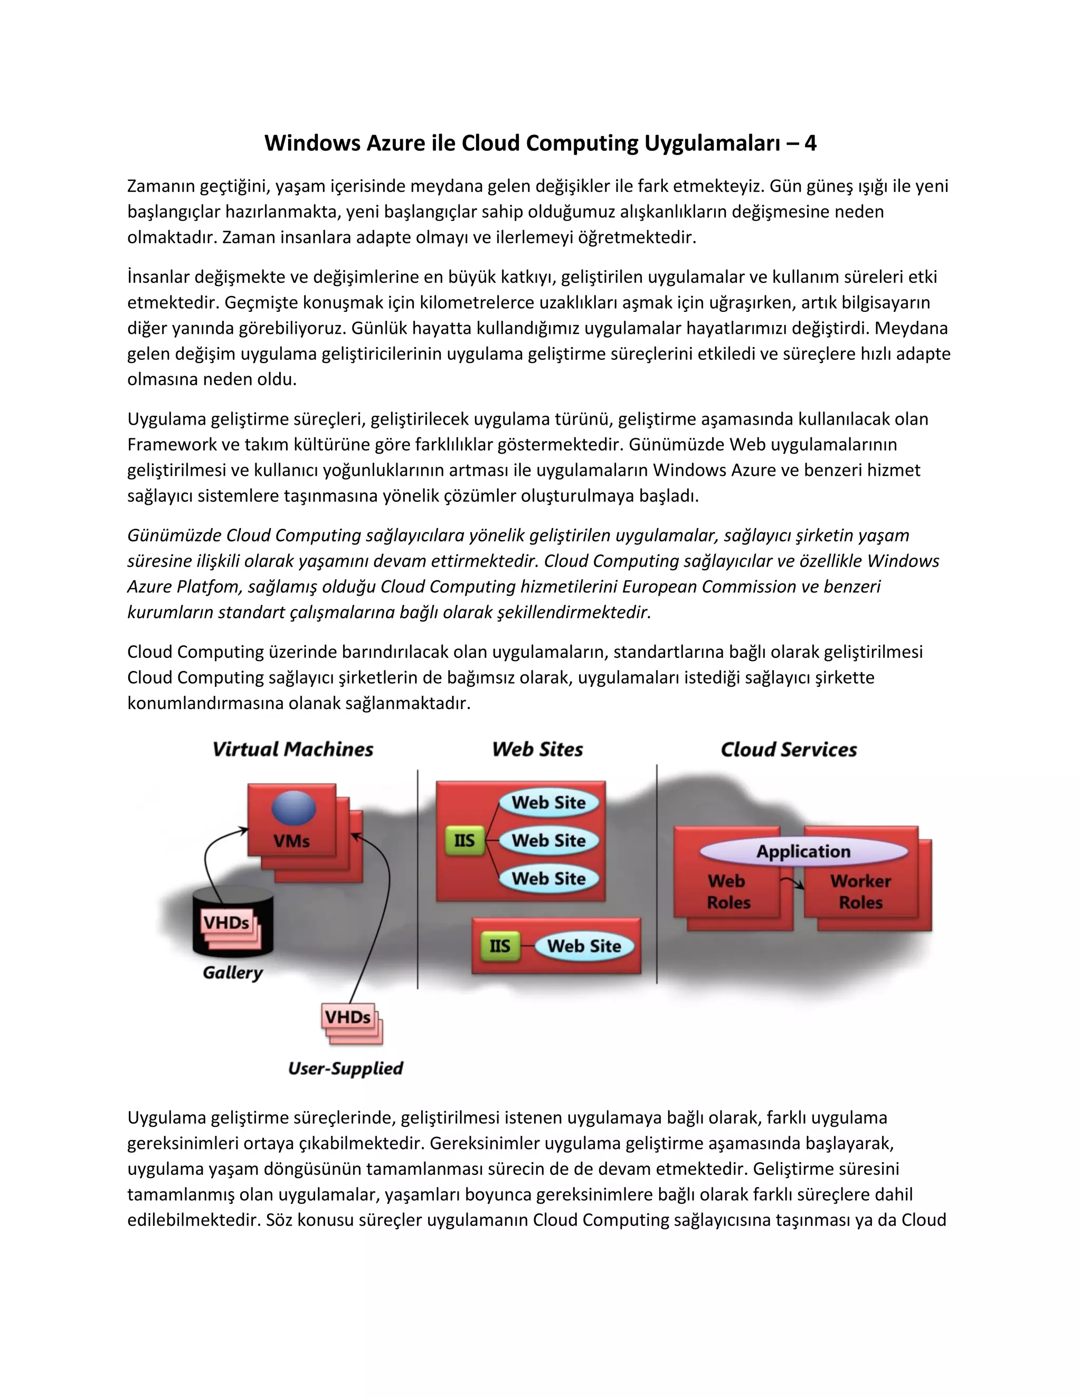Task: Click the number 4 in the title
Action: [x=810, y=143]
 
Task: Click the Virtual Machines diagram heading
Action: [x=292, y=750]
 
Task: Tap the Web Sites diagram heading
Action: [x=537, y=750]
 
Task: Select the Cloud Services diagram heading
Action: [x=789, y=750]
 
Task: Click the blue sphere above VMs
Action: [x=293, y=808]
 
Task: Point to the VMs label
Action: [x=291, y=840]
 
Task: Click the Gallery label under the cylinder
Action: [x=232, y=973]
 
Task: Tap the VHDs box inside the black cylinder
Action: [x=226, y=922]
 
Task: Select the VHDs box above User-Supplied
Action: [x=348, y=1017]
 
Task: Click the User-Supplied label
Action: [x=345, y=1068]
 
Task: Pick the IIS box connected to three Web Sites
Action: [x=464, y=840]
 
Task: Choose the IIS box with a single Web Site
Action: [x=499, y=946]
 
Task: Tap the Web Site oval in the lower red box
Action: [x=584, y=946]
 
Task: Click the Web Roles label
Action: [x=728, y=892]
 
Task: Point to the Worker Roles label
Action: [x=861, y=892]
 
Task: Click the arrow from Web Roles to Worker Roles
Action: [x=794, y=883]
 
